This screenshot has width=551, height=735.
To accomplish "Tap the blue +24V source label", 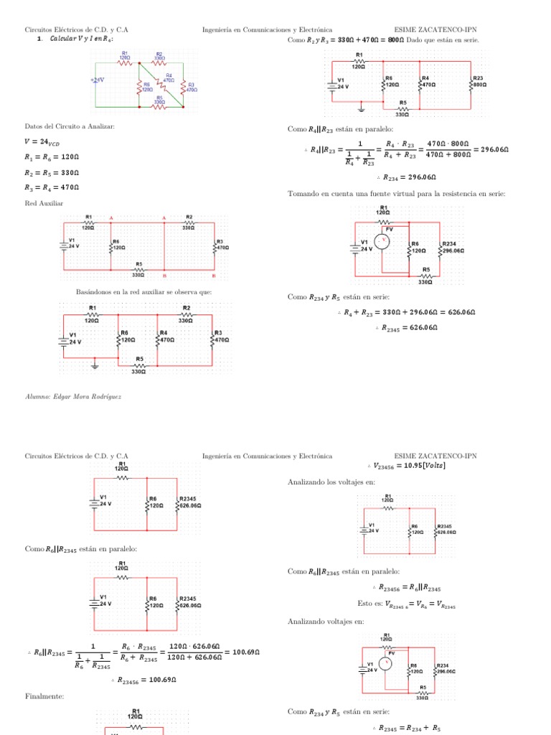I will pyautogui.click(x=98, y=80).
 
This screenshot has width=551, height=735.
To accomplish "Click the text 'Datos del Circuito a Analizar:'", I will pyautogui.click(x=70, y=126).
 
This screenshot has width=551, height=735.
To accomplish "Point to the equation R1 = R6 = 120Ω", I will pyautogui.click(x=51, y=157).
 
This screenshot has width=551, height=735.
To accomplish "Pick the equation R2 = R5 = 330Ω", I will pyautogui.click(x=51, y=173).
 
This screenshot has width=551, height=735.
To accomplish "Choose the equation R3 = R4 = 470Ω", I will pyautogui.click(x=51, y=189).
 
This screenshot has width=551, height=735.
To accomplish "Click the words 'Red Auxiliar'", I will pyautogui.click(x=44, y=204).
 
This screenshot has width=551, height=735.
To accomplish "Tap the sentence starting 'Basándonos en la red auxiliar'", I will pyautogui.click(x=143, y=292).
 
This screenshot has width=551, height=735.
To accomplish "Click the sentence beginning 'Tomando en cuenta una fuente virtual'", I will pyautogui.click(x=397, y=194).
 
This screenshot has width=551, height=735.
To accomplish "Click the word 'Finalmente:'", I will pyautogui.click(x=44, y=696).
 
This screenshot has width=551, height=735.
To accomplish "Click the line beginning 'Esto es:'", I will pyautogui.click(x=406, y=605).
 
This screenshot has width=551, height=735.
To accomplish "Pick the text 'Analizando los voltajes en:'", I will pyautogui.click(x=331, y=482).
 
